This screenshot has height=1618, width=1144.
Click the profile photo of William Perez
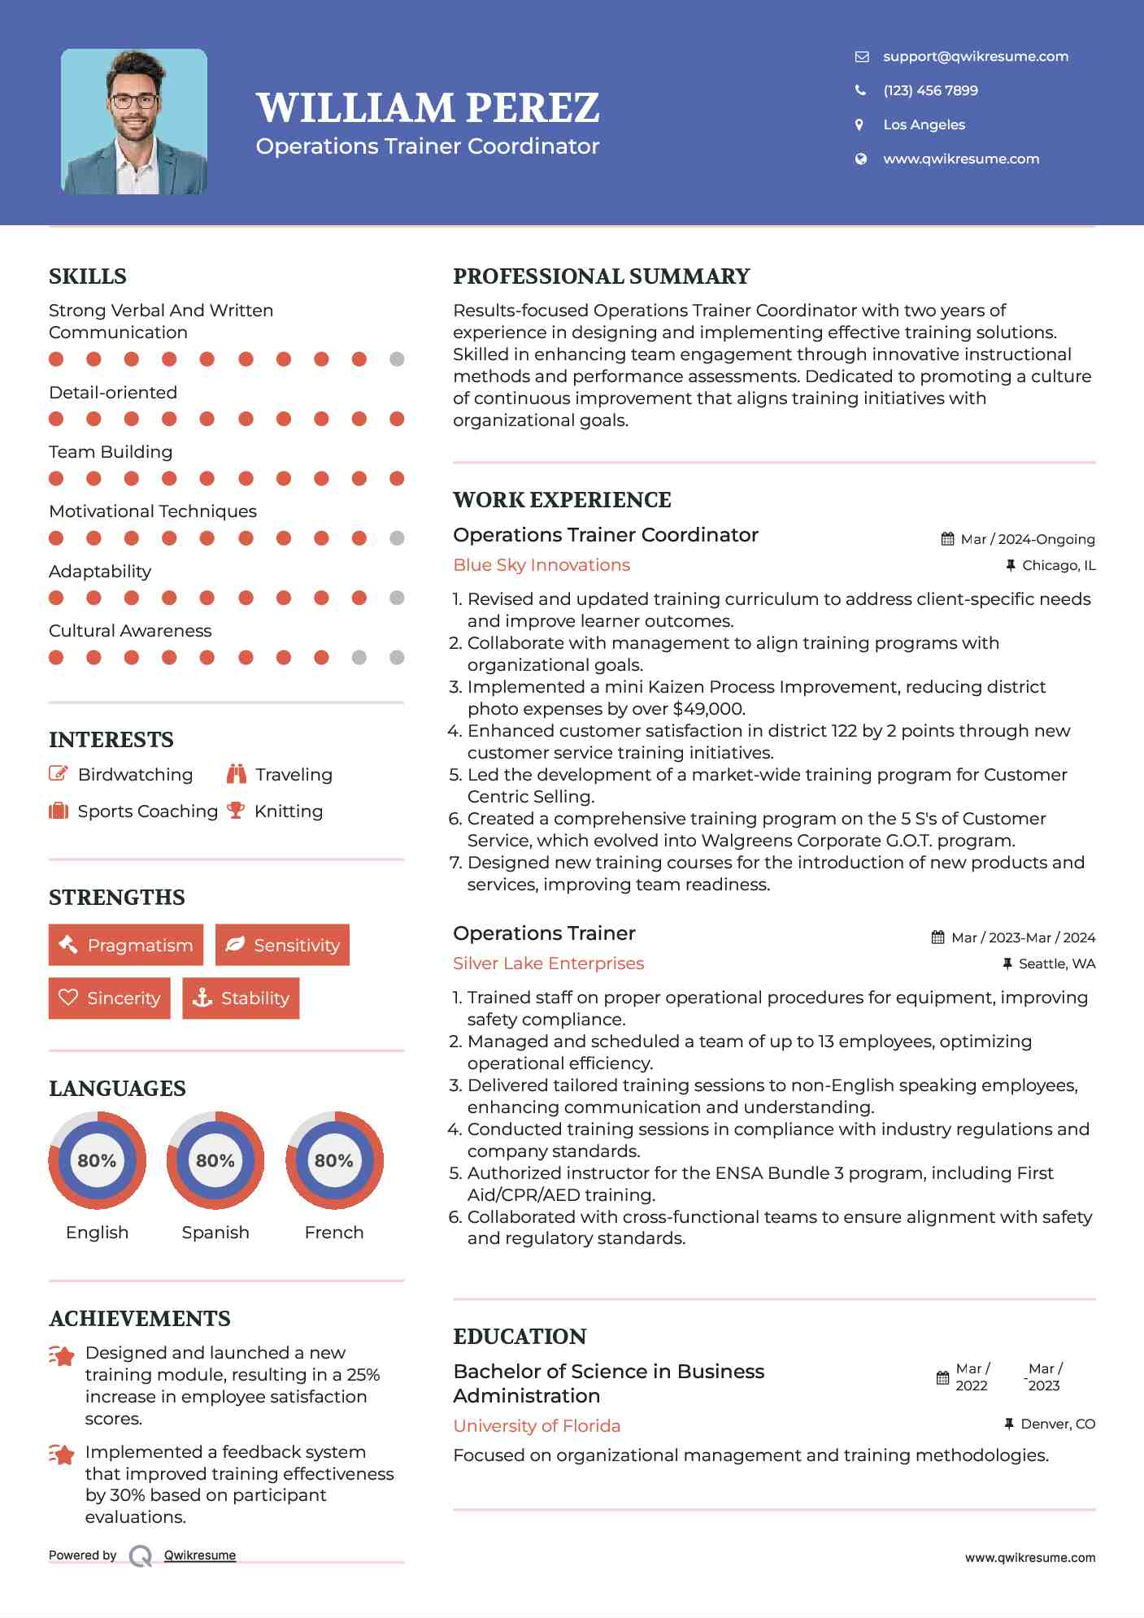(x=134, y=121)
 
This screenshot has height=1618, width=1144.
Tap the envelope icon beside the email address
(x=862, y=57)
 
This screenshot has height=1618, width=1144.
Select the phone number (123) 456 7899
(x=930, y=90)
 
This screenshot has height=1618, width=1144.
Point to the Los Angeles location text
(x=924, y=124)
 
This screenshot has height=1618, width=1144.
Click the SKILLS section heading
(x=88, y=276)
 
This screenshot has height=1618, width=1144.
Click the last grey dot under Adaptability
(x=397, y=598)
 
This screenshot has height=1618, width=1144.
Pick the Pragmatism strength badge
(x=126, y=945)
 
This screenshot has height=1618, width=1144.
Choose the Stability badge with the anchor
(x=241, y=998)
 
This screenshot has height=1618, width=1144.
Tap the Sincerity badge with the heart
(x=110, y=998)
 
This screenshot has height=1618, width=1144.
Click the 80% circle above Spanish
(x=215, y=1160)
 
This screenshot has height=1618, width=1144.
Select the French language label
(x=333, y=1232)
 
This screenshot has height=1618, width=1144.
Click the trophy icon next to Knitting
(x=236, y=811)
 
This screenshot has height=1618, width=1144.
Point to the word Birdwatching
(x=135, y=775)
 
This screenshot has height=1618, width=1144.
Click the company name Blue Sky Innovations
(x=542, y=565)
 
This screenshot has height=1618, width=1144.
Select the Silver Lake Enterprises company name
(x=548, y=963)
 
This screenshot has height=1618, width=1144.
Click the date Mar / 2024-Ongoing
(x=1027, y=539)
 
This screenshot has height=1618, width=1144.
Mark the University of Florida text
(x=537, y=1425)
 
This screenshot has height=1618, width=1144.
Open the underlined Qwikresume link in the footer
(x=200, y=1555)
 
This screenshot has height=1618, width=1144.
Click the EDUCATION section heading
(x=520, y=1337)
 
